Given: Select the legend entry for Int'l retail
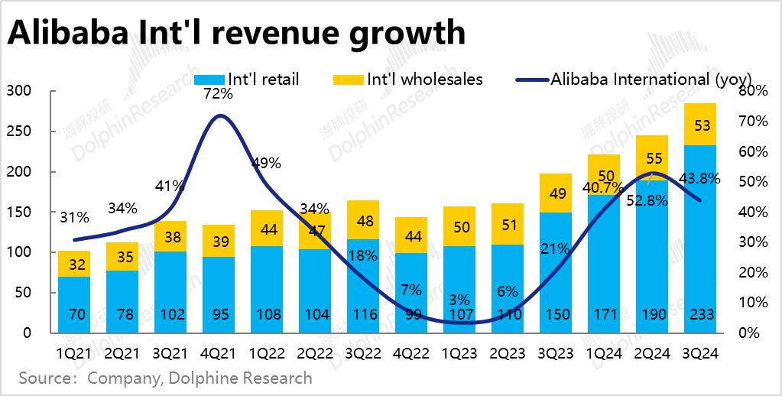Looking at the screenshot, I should [247, 79].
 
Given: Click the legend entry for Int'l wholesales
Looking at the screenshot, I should [409, 79].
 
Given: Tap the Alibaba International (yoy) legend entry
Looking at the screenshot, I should [634, 79].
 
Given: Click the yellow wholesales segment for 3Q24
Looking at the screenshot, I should [700, 124].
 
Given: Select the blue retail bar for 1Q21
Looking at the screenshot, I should [74, 304].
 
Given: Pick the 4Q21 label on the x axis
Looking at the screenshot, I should [219, 354].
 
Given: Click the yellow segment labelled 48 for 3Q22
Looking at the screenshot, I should [363, 220].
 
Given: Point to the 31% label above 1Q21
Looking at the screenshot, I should [74, 217].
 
